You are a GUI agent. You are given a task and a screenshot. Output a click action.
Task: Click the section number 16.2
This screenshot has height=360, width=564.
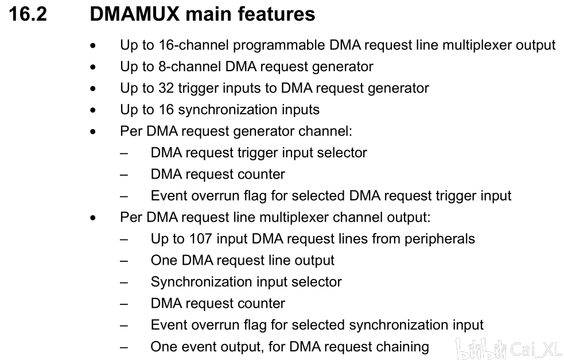point(28,14)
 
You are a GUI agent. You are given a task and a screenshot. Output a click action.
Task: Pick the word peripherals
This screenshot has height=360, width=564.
point(439,239)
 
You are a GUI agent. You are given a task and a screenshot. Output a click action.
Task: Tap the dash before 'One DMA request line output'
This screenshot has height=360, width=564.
point(124,261)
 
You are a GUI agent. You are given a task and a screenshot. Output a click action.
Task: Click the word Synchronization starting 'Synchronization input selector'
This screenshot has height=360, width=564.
point(197,282)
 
